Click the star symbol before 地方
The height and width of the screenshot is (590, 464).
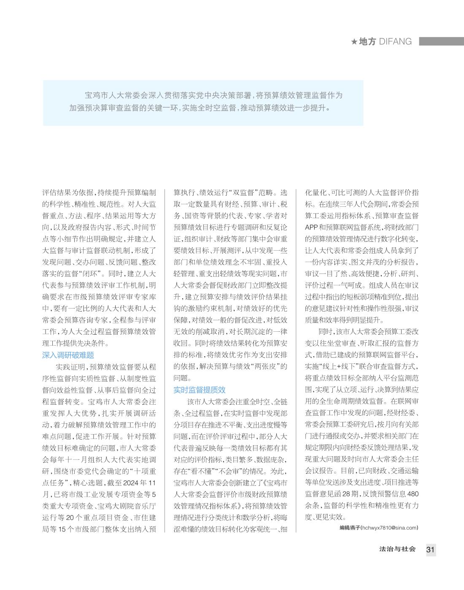(x=354, y=41)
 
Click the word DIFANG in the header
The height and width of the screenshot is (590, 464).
(x=395, y=41)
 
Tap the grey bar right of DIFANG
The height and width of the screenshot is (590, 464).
(x=441, y=41)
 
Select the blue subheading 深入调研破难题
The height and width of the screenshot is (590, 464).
(x=68, y=355)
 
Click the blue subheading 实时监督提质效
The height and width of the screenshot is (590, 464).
(x=200, y=390)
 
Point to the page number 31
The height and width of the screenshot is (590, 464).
(x=430, y=549)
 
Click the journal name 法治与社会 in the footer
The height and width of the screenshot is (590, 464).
(x=397, y=549)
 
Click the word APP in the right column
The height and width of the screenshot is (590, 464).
(x=312, y=227)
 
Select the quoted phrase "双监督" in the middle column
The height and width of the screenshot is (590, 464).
(x=242, y=193)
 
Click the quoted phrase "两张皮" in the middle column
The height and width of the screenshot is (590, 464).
(x=266, y=366)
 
